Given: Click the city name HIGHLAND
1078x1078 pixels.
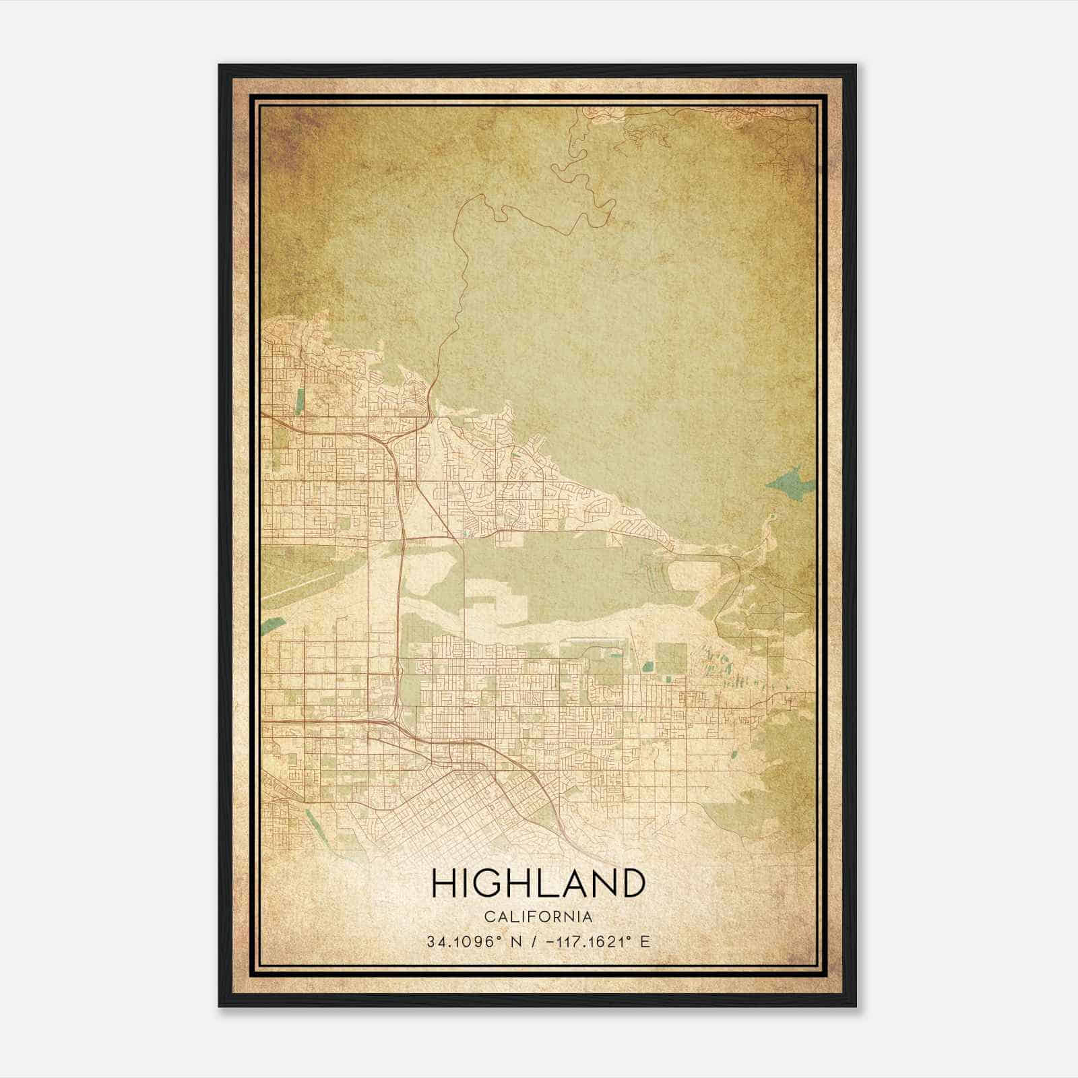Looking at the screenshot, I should [x=538, y=883].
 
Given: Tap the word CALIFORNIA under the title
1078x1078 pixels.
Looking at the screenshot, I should [x=538, y=917].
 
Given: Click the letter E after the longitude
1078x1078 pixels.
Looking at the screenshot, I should [x=645, y=942].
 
